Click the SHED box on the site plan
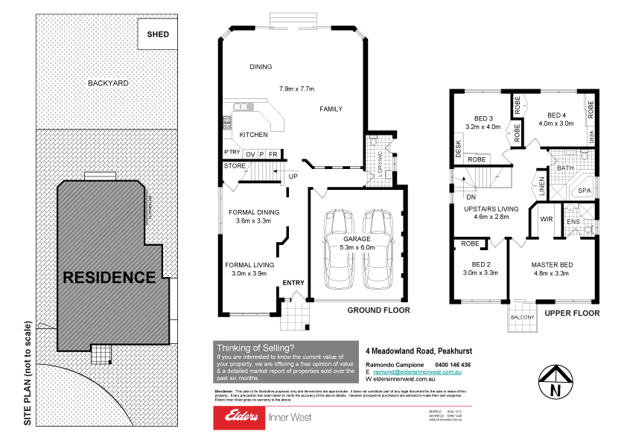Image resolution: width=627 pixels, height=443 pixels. pyautogui.click(x=158, y=34)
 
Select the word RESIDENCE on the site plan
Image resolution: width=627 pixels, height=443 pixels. pyautogui.click(x=109, y=278)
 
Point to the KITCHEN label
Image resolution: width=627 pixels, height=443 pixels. pyautogui.click(x=253, y=135)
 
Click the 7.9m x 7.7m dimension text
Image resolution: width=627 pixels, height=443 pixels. pyautogui.click(x=293, y=89)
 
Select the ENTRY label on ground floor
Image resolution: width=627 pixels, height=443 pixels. pyautogui.click(x=293, y=283)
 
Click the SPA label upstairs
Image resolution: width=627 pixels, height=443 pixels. pyautogui.click(x=585, y=191)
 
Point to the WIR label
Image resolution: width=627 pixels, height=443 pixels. pyautogui.click(x=545, y=220)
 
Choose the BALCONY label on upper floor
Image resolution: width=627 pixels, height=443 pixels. pyautogui.click(x=522, y=318)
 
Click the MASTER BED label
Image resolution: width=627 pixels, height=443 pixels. pyautogui.click(x=552, y=264)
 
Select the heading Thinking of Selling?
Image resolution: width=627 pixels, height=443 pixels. pyautogui.click(x=255, y=348)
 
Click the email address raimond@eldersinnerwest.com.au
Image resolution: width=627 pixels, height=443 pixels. pyautogui.click(x=418, y=371)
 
